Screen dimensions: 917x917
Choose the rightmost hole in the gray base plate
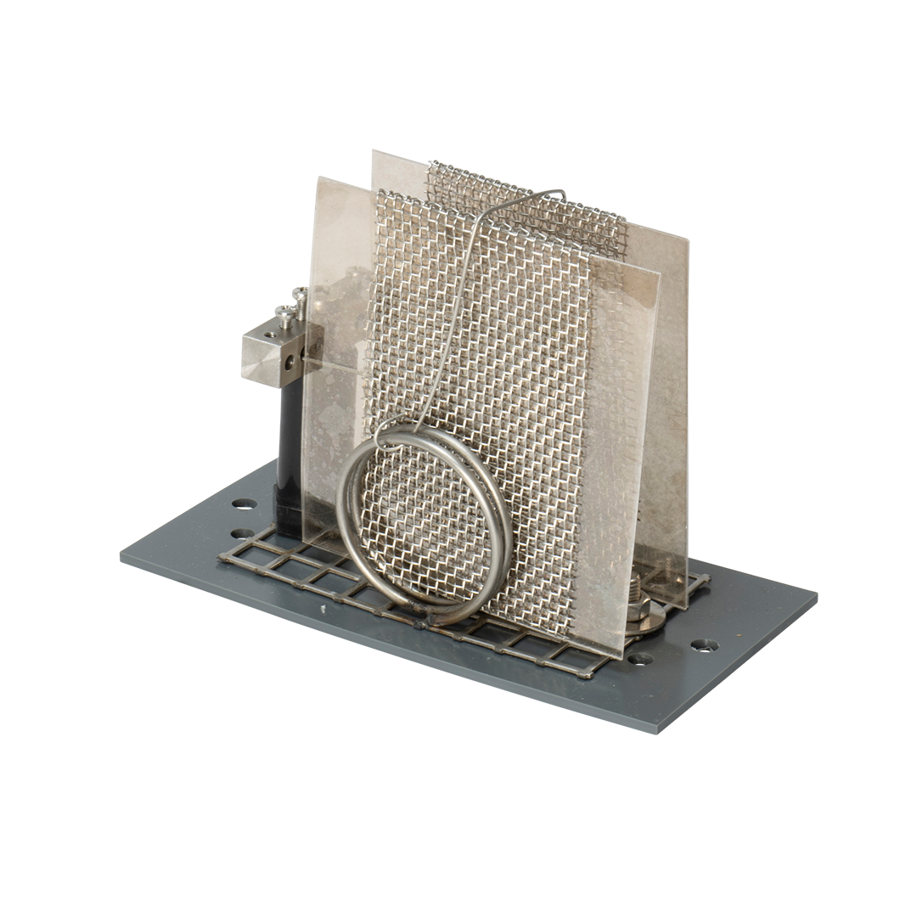click(x=703, y=645)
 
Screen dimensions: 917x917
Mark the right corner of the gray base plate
click(x=815, y=599)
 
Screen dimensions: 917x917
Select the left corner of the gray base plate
click(x=121, y=556)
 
